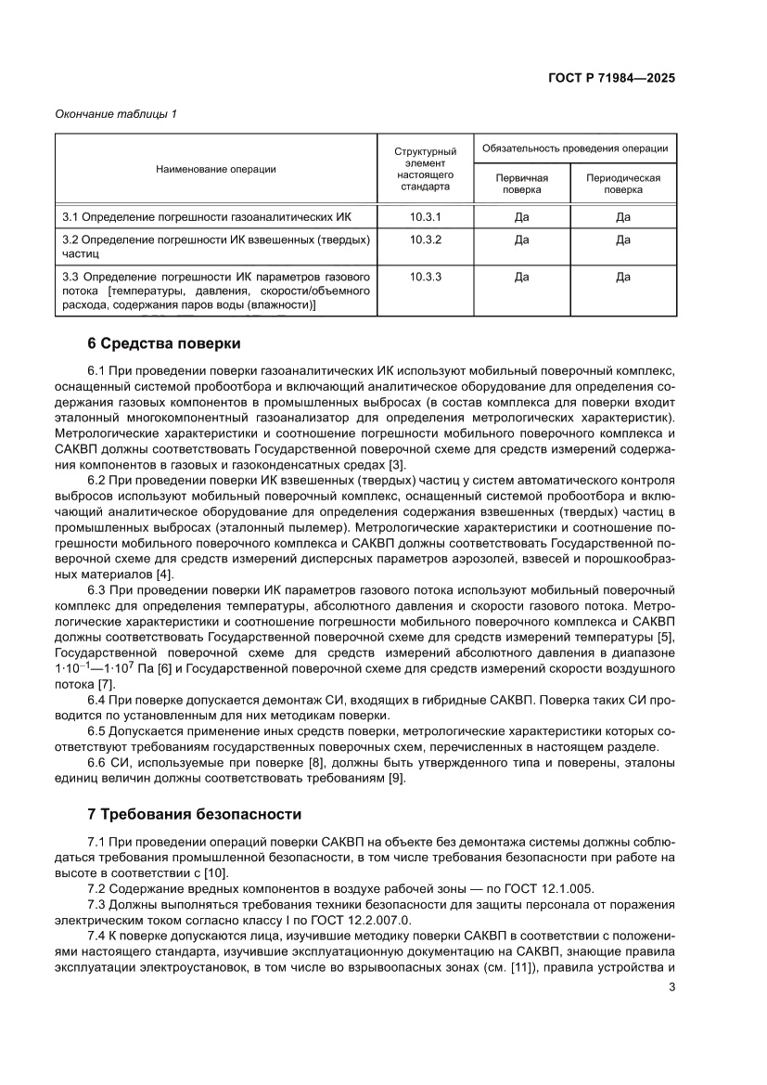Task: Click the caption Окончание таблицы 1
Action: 116,114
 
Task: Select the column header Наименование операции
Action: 215,169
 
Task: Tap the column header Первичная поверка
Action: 521,184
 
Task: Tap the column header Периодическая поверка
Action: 622,184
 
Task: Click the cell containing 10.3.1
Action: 425,216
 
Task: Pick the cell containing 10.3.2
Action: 425,239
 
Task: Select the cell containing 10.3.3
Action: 425,277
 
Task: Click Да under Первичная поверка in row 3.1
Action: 521,216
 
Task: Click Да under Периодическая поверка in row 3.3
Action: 622,277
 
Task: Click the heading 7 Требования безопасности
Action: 194,814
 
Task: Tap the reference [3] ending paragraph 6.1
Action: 396,464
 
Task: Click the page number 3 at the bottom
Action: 671,987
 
